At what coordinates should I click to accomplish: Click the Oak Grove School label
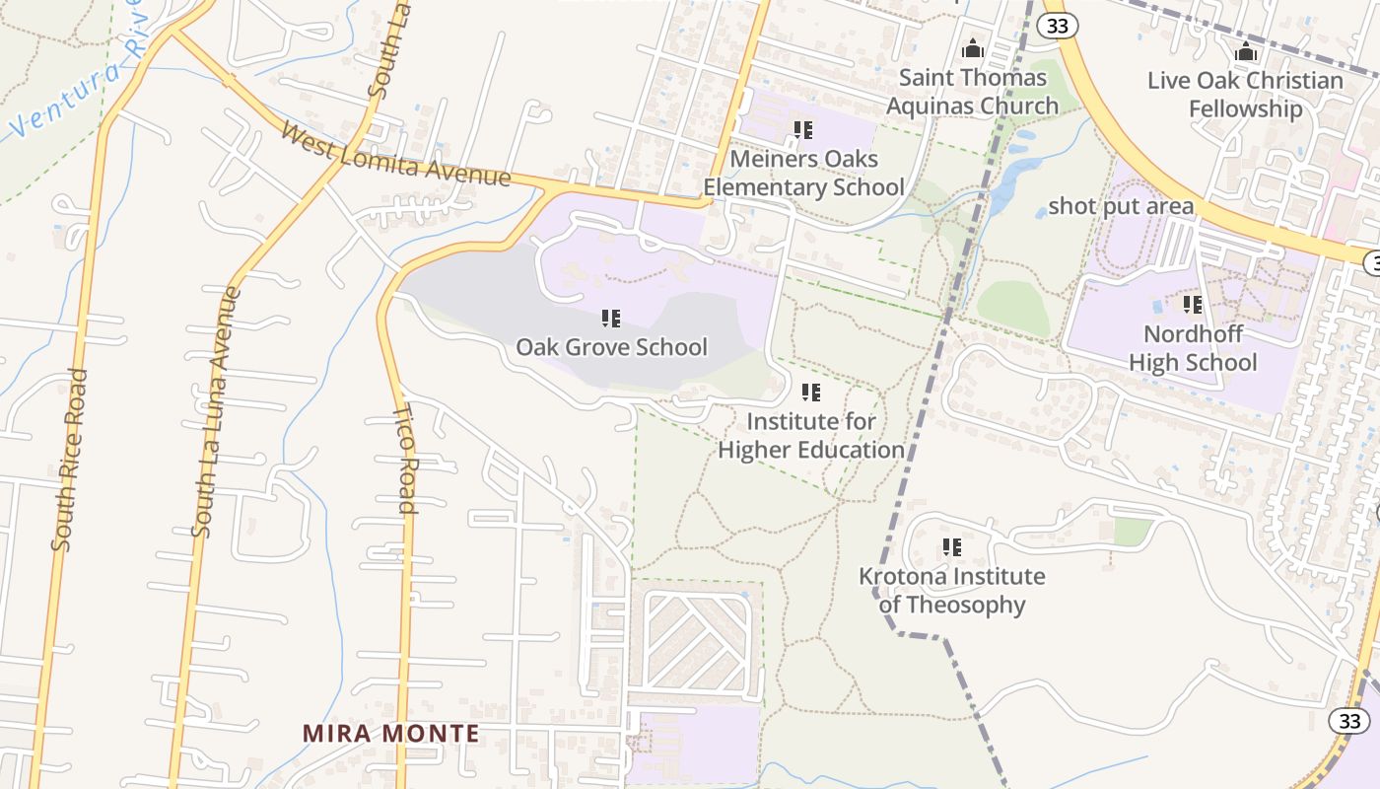tap(611, 347)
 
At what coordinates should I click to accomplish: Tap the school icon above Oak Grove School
tap(611, 319)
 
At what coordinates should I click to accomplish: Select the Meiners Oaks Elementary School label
tap(803, 173)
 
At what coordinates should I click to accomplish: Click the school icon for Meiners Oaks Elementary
tap(803, 129)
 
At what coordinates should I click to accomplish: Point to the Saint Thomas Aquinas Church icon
tap(973, 48)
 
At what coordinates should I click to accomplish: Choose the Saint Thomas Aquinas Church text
tap(973, 92)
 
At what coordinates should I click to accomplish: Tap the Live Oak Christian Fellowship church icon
tap(1246, 51)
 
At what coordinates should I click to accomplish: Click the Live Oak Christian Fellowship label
tap(1245, 95)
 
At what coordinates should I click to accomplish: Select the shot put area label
tap(1121, 206)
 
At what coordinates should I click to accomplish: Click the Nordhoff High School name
tap(1193, 348)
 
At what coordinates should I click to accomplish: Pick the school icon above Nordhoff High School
tap(1193, 305)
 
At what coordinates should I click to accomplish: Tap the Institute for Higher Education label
tap(810, 436)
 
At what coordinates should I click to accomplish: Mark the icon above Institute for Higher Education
tap(811, 393)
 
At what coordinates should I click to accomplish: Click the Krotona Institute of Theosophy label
tap(951, 590)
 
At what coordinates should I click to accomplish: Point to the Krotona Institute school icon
tap(951, 546)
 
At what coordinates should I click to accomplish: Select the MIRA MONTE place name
tap(390, 734)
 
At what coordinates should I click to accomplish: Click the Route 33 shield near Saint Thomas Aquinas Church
tap(1058, 27)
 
